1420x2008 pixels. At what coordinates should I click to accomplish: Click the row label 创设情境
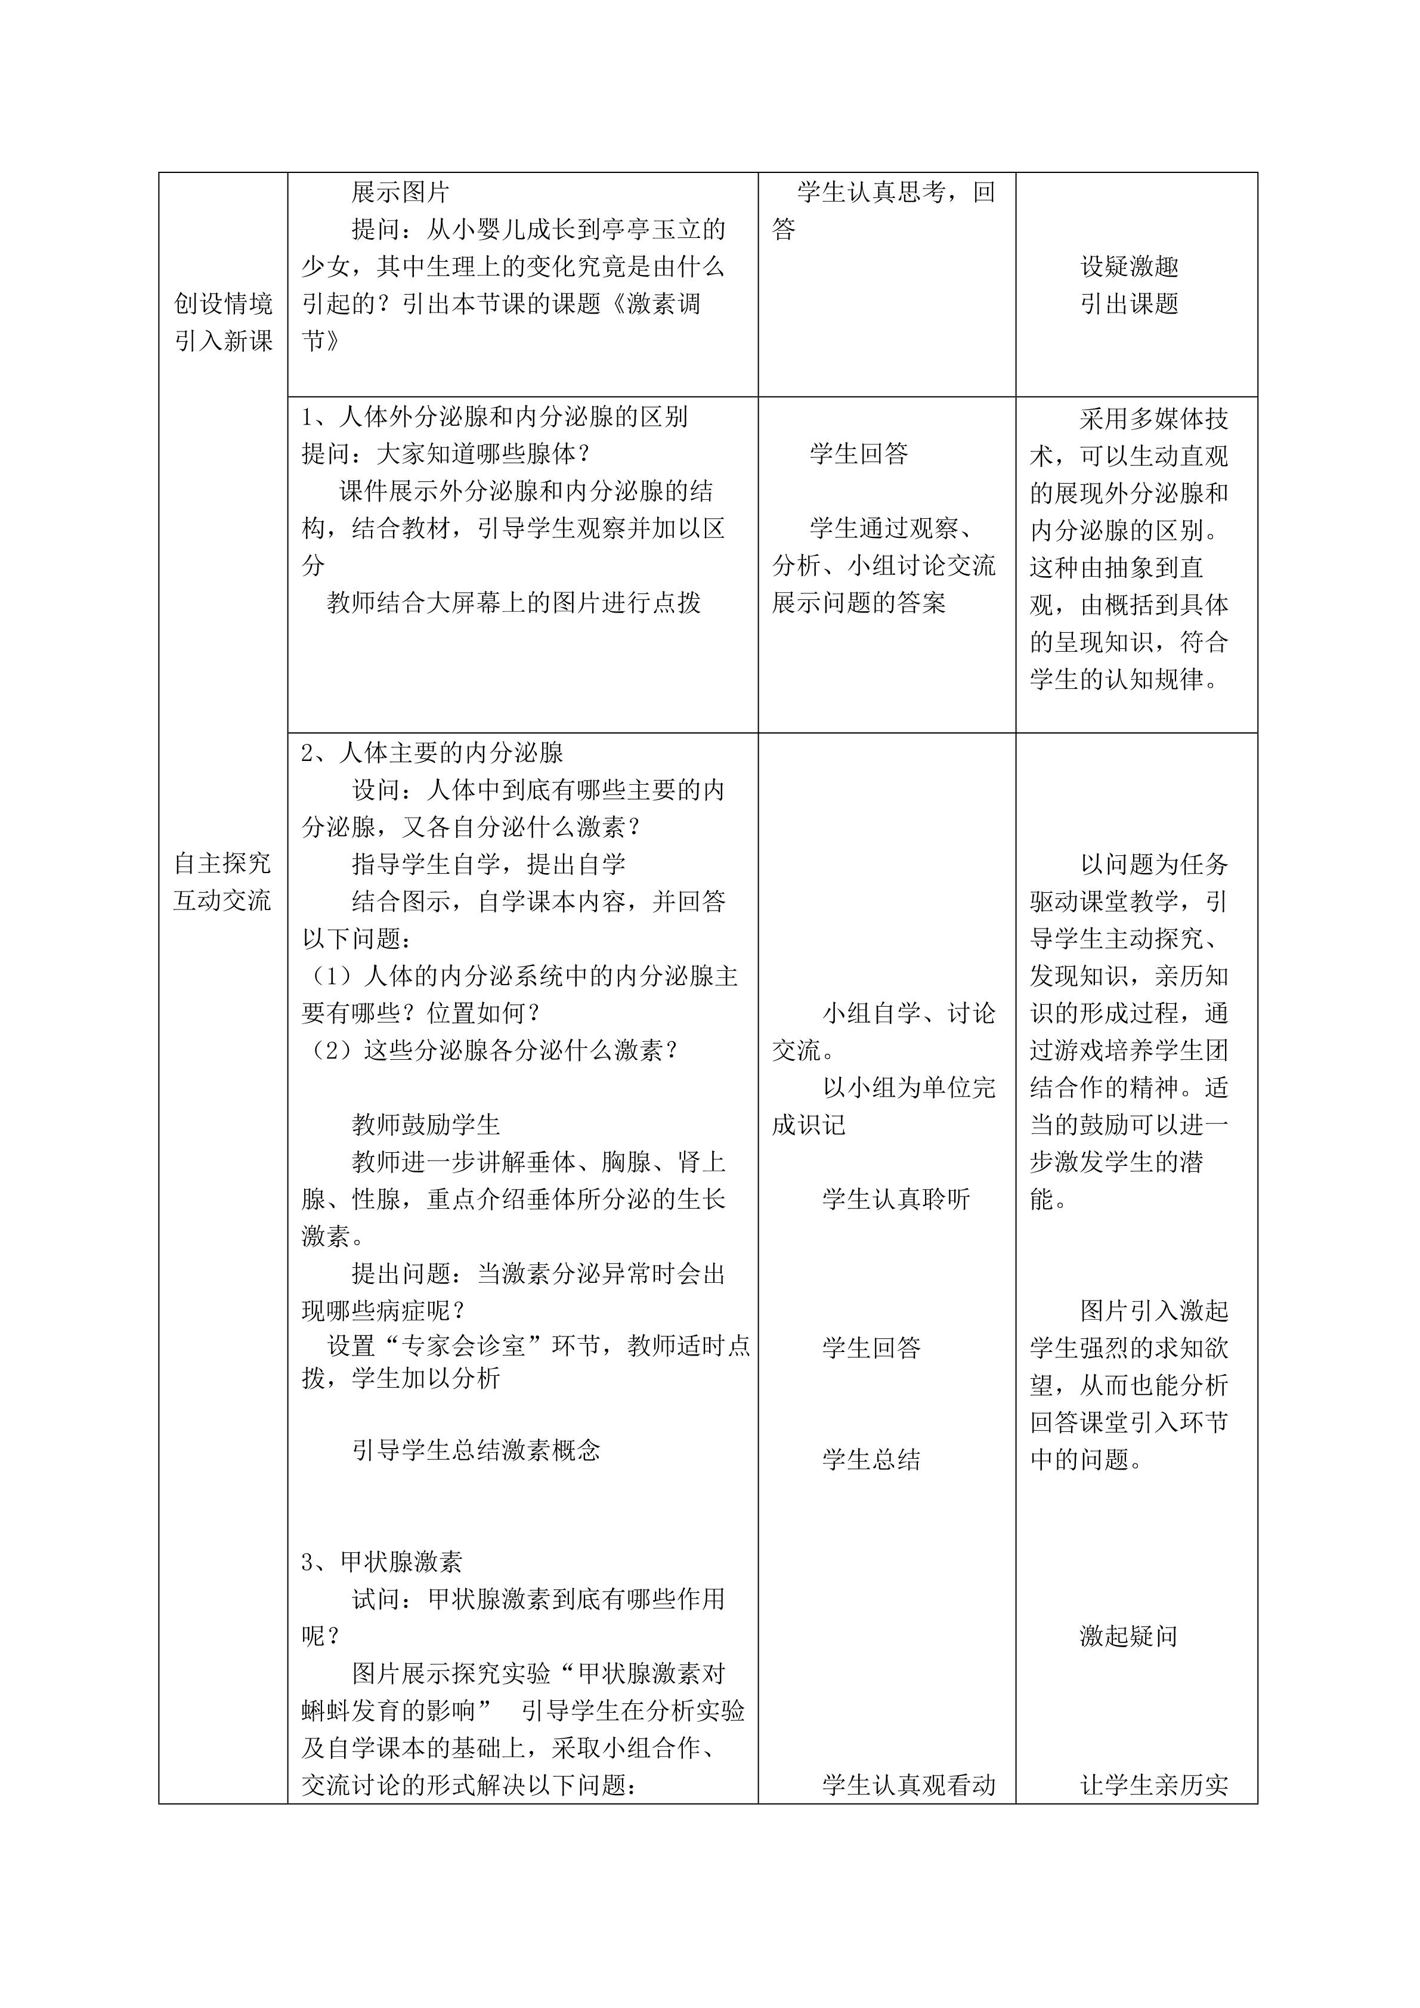pos(223,304)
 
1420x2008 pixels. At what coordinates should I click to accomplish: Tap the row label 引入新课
pos(223,341)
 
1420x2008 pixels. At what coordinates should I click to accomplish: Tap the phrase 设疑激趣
pos(1129,266)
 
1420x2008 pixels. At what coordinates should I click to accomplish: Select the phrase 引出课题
pos(1129,304)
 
